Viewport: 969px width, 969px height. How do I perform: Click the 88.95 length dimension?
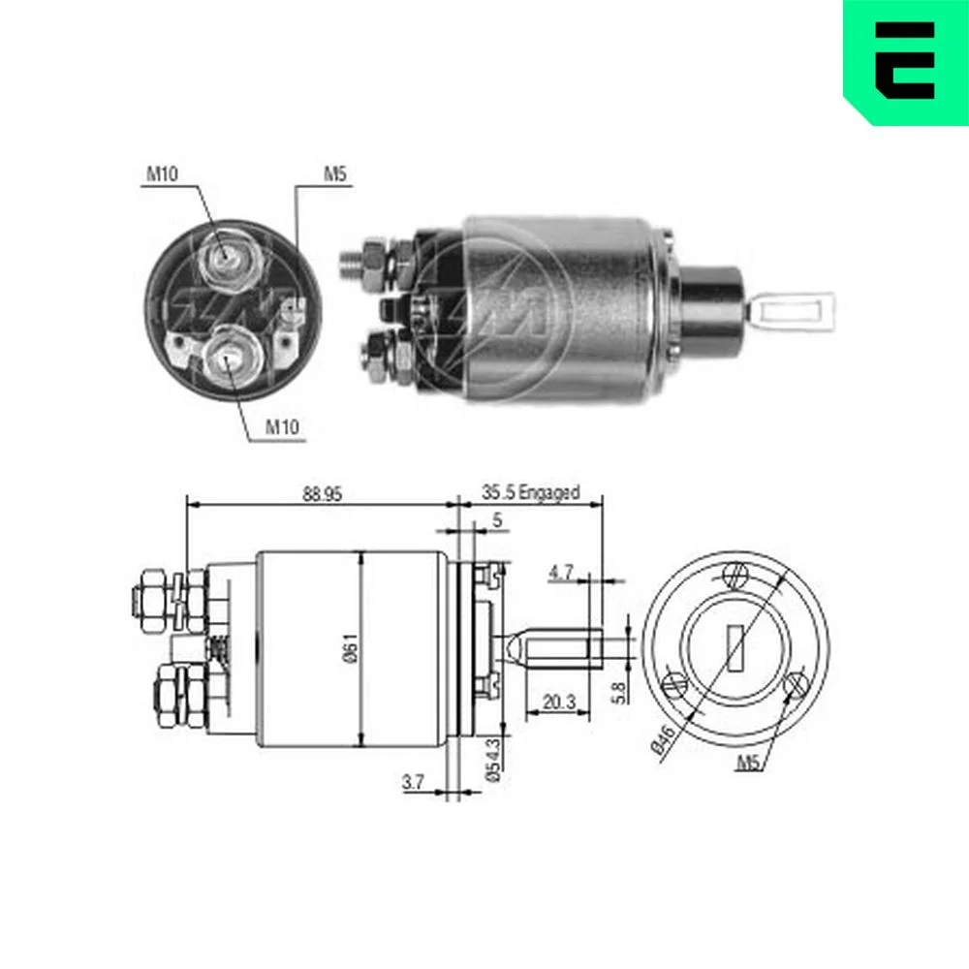322,494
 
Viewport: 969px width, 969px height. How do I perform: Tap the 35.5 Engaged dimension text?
531,492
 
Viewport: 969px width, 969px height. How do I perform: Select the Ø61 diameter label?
351,647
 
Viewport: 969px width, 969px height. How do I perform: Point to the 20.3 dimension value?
559,702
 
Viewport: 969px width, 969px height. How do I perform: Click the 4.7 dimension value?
561,573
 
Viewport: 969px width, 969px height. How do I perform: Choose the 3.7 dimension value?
414,782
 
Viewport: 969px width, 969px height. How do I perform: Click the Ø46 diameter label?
663,740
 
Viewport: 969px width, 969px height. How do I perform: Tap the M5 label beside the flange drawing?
748,764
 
